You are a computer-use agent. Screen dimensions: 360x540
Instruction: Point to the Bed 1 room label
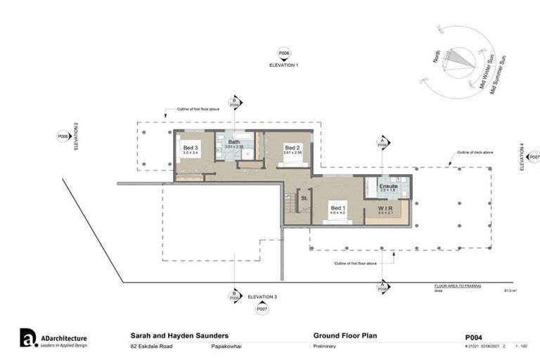338,207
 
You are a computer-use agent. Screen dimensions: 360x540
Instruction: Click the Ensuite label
388,186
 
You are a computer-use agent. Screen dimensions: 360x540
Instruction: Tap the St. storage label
304,198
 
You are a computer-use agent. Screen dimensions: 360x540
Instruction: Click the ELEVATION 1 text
284,64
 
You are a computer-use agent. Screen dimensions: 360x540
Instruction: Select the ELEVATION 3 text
262,297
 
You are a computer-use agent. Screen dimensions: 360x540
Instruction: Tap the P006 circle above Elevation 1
284,53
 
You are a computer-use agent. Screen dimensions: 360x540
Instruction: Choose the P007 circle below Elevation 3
262,309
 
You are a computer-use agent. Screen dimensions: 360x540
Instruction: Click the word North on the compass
437,56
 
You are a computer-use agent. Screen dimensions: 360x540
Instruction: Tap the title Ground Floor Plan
345,335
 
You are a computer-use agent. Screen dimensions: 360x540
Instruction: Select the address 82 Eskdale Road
152,347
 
